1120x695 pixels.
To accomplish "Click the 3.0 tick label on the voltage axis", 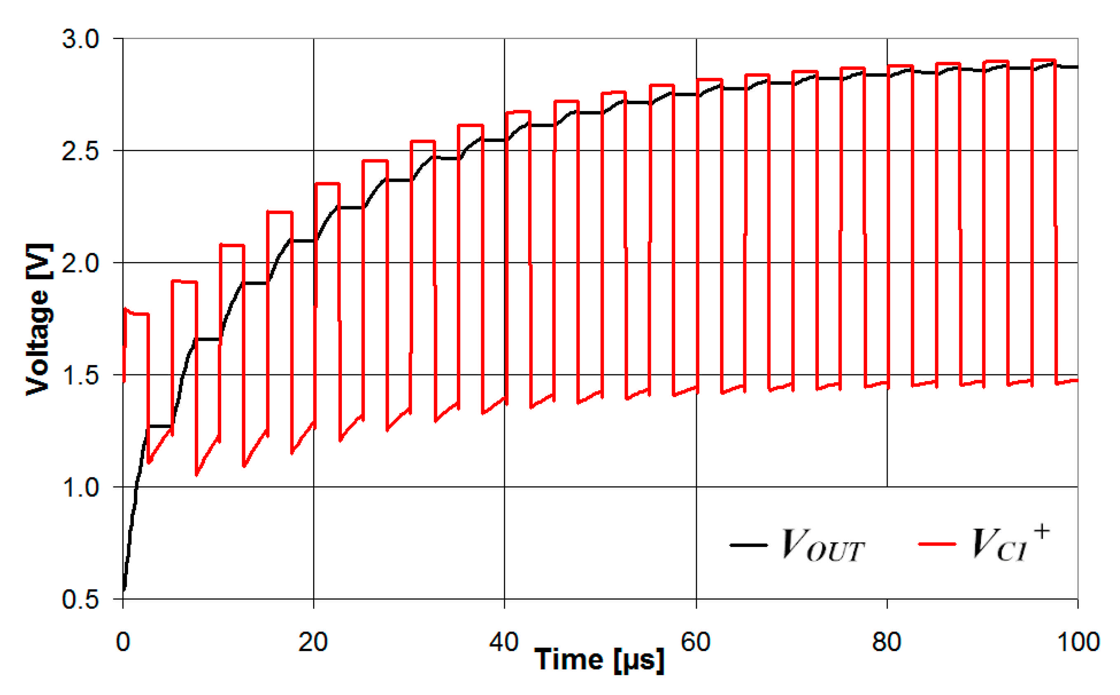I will (80, 39).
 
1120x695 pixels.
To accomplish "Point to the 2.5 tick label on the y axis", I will (80, 151).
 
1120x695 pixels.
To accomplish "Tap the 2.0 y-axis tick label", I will (80, 263).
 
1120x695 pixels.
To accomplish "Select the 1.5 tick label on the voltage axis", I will (80, 376).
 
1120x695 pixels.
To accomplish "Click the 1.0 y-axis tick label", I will (80, 487).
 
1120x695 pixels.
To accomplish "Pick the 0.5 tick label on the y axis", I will (80, 600).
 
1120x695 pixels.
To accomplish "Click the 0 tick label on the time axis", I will (123, 642).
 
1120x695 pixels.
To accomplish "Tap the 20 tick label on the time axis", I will (313, 642).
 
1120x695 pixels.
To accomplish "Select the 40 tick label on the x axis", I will (504, 642).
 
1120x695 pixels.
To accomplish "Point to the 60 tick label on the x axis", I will (695, 642).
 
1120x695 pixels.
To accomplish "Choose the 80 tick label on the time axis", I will (886, 642).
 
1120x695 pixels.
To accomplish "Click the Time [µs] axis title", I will (599, 660).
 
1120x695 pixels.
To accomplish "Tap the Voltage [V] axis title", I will (39, 319).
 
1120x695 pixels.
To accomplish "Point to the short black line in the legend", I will (749, 545).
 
